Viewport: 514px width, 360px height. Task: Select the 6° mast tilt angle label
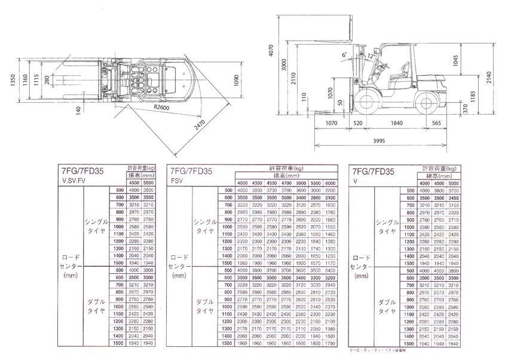click(344, 54)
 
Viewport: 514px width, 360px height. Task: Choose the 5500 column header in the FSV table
click(316, 183)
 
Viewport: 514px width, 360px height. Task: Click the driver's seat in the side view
click(396, 75)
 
